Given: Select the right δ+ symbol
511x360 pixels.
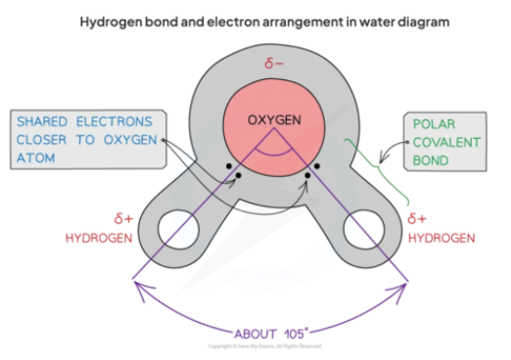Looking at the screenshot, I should (x=418, y=218).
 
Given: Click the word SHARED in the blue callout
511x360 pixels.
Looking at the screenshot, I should (x=49, y=121).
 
